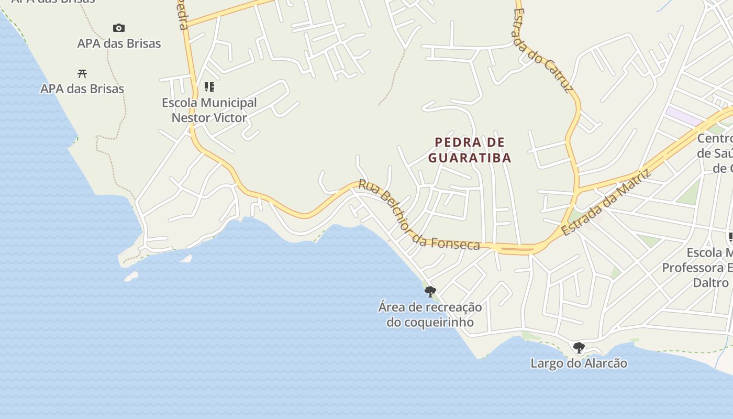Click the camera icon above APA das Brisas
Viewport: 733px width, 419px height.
coord(119,28)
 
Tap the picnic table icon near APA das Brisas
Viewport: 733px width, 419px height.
coord(82,73)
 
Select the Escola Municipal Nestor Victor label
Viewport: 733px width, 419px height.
coord(209,110)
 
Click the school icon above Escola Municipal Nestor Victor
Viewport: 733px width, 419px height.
coord(209,86)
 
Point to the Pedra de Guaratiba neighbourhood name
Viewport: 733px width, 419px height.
coord(470,150)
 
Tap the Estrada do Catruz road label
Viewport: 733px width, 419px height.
coord(543,50)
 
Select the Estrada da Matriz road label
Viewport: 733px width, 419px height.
coord(605,202)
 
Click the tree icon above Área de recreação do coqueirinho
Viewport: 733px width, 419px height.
coord(430,291)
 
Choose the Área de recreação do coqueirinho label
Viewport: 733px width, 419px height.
coord(430,314)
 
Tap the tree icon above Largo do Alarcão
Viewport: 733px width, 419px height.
coord(579,347)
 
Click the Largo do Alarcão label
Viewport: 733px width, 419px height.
coord(579,363)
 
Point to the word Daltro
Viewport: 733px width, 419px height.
coord(710,283)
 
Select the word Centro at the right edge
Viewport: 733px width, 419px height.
coord(715,139)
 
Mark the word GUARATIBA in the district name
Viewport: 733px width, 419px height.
coord(470,158)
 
